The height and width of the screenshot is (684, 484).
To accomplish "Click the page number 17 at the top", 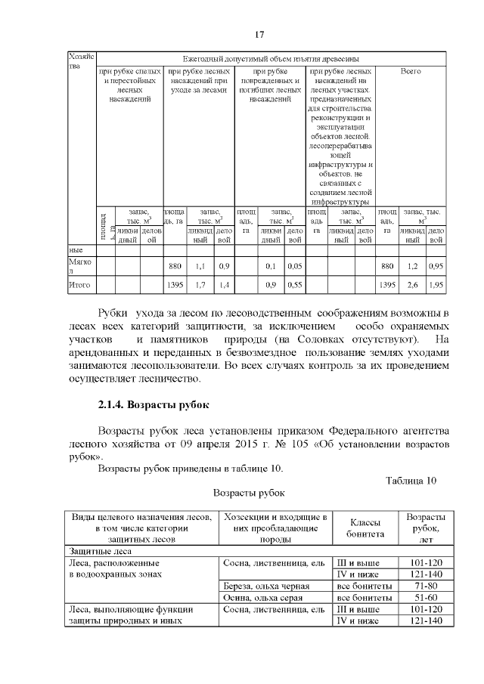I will coord(259,35).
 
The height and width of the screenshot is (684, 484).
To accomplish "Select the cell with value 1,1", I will coord(200,266).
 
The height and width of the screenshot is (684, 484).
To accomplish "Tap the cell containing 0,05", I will coord(295,266).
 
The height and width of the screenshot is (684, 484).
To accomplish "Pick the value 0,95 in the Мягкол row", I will coord(435,266).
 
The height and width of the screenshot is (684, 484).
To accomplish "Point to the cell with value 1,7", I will coord(200,285).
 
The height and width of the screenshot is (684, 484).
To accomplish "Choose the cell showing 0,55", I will coord(295,285).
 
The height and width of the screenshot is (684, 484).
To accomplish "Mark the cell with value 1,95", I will coord(435,285).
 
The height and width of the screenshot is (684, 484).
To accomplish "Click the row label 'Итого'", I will coord(80,285).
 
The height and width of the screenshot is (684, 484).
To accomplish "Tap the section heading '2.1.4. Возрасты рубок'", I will coord(153,404).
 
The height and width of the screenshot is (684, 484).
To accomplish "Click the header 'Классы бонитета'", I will coord(365,528).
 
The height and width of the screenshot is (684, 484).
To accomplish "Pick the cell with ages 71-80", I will coord(424,585).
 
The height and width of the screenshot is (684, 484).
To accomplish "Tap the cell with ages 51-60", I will coord(424,597).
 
